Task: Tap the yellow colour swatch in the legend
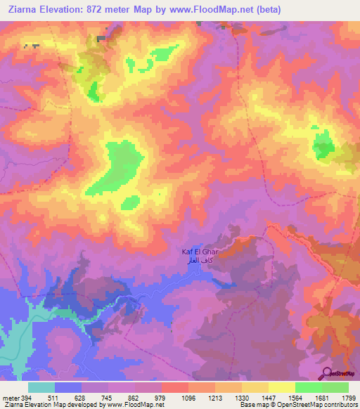point(281,387)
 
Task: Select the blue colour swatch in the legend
point(68,387)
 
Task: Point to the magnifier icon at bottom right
point(328,372)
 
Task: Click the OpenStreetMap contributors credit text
point(321,405)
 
